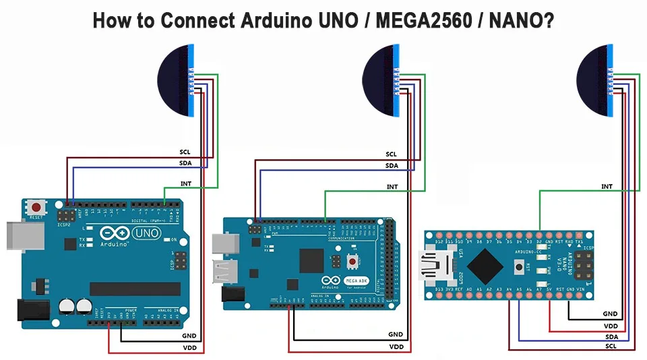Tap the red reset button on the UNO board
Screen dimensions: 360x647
[36, 208]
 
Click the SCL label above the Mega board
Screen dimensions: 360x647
[392, 154]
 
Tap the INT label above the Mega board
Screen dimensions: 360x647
[392, 186]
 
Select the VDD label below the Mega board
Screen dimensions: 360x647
[396, 347]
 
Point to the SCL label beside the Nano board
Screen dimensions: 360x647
[611, 347]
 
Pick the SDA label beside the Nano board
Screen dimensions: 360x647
[611, 336]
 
